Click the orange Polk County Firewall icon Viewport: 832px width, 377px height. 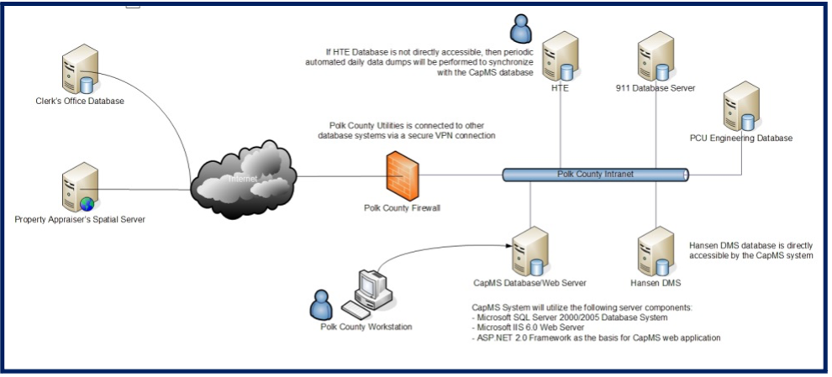pos(402,175)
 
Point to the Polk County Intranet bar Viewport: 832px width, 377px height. pos(595,175)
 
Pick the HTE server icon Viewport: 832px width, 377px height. pos(559,55)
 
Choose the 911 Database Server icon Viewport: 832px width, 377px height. pos(655,55)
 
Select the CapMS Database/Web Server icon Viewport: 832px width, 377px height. pos(530,251)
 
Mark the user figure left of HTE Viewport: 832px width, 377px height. pos(521,30)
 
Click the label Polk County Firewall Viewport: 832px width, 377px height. pos(402,207)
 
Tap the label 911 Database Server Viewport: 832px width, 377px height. pos(655,87)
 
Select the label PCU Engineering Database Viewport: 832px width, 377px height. pos(745,138)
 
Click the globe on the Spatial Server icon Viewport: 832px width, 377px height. pos(87,203)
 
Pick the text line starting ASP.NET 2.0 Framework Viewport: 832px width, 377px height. pos(596,338)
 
